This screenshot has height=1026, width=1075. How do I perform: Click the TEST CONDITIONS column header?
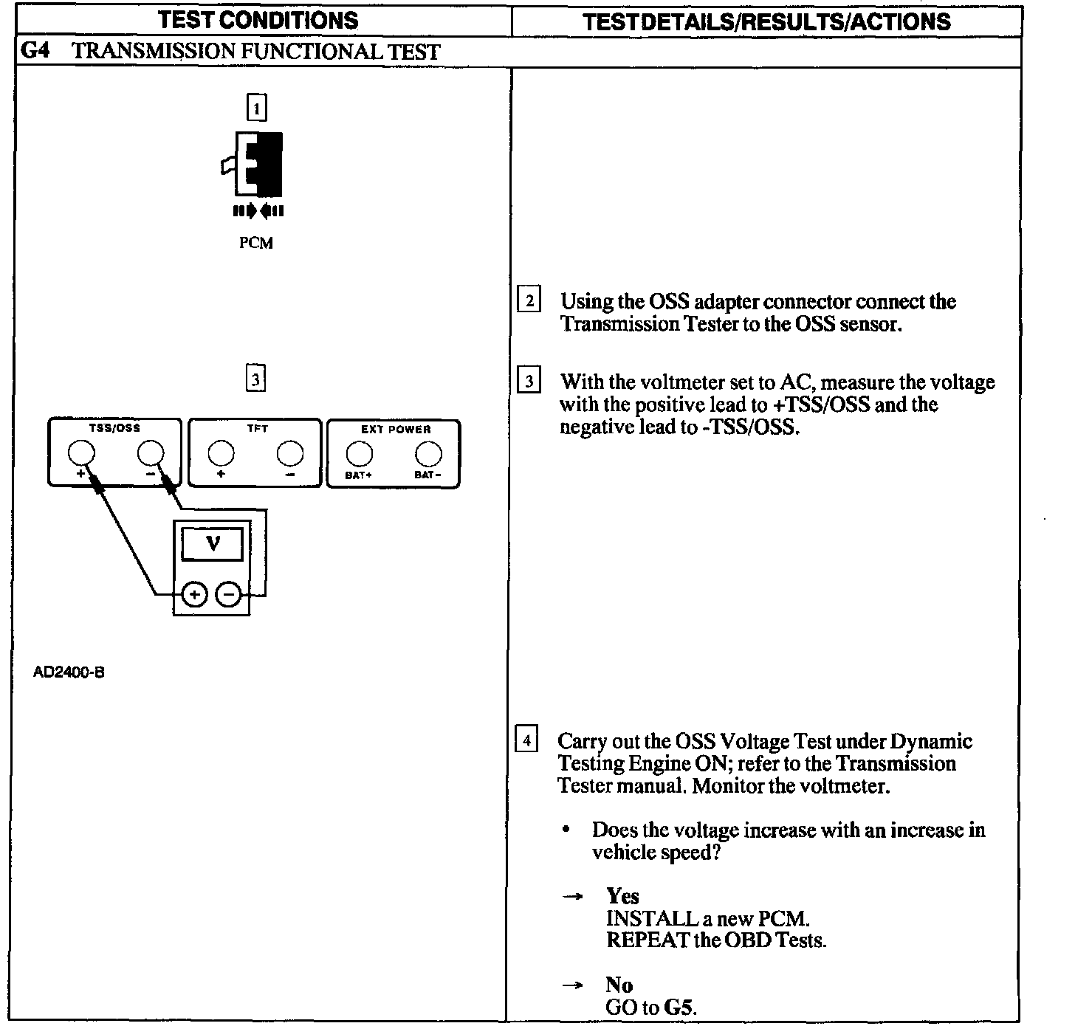pyautogui.click(x=258, y=20)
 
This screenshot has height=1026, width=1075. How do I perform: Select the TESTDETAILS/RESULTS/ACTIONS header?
pyautogui.click(x=766, y=22)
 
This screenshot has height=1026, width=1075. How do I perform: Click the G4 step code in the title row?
pyautogui.click(x=35, y=51)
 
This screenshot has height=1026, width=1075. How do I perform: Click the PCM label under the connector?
pyautogui.click(x=256, y=243)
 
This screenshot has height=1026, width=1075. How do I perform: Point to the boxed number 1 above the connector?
pyautogui.click(x=256, y=109)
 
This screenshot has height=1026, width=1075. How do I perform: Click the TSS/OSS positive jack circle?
pyautogui.click(x=81, y=453)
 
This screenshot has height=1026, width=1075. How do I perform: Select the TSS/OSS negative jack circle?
pyautogui.click(x=151, y=453)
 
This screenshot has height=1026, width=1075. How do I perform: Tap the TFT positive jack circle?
pyautogui.click(x=221, y=453)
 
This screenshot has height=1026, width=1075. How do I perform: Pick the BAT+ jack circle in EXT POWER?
pyautogui.click(x=359, y=453)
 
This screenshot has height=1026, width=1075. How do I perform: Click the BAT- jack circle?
pyautogui.click(x=428, y=453)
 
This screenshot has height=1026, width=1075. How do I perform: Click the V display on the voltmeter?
pyautogui.click(x=213, y=545)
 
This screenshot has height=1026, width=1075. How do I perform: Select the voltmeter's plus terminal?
pyautogui.click(x=194, y=594)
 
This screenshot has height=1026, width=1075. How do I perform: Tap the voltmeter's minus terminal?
pyautogui.click(x=230, y=594)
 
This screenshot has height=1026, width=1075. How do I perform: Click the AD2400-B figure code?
pyautogui.click(x=69, y=672)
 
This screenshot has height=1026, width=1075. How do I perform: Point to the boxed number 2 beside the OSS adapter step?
pyautogui.click(x=529, y=301)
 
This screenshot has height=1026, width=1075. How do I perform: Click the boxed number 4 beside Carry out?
pyautogui.click(x=526, y=740)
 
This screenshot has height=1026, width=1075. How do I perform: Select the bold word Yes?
pyautogui.click(x=622, y=896)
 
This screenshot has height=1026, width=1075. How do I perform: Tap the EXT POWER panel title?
pyautogui.click(x=396, y=430)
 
